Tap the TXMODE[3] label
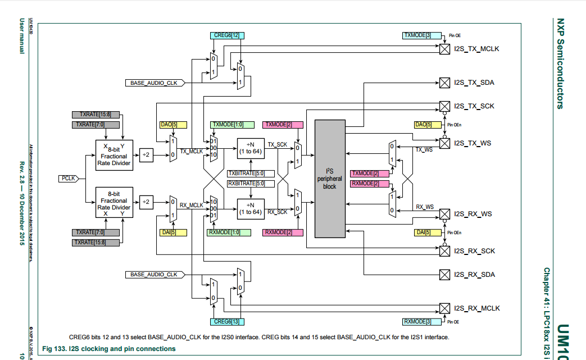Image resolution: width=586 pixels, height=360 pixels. pyautogui.click(x=417, y=35)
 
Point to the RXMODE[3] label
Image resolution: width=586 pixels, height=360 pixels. pyautogui.click(x=417, y=322)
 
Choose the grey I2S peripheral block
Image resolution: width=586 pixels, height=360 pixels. pyautogui.click(x=329, y=178)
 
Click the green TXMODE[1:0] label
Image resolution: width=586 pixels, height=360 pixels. pyautogui.click(x=227, y=124)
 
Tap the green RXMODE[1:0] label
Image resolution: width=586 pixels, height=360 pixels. pyautogui.click(x=225, y=233)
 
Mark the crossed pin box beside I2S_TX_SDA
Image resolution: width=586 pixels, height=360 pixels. pyautogui.click(x=444, y=83)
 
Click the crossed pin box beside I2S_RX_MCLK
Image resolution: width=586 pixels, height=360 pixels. pyautogui.click(x=444, y=308)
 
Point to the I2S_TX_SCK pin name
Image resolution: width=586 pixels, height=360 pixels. pyautogui.click(x=474, y=106)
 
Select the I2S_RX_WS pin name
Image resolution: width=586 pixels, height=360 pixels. pyautogui.click(x=473, y=214)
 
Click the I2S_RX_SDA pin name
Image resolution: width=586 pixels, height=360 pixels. pyautogui.click(x=474, y=275)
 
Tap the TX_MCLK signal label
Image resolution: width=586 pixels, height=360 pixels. pyautogui.click(x=191, y=151)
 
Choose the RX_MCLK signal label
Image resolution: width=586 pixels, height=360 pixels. pyautogui.click(x=191, y=206)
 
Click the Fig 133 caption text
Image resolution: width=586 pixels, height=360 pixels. pyautogui.click(x=112, y=349)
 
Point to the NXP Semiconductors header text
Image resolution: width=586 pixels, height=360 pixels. pyautogui.click(x=560, y=62)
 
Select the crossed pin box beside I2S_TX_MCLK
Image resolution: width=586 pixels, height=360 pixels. pyautogui.click(x=444, y=49)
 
